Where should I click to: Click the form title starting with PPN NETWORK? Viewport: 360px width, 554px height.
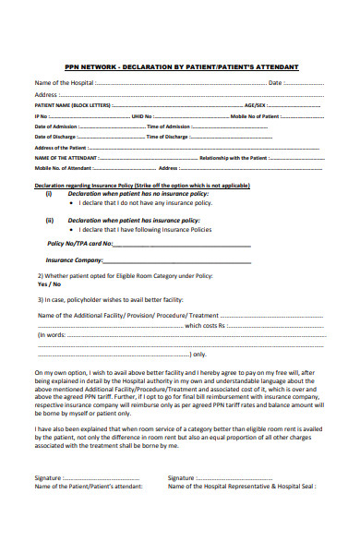coord(180,67)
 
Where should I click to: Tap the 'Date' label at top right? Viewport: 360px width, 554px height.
coord(275,83)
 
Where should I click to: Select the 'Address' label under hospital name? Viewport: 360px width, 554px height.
coord(47,94)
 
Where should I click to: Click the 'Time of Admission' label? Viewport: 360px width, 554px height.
coord(167,126)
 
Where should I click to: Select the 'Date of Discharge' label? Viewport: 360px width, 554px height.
coord(56,137)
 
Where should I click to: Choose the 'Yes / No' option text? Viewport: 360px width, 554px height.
coord(48,284)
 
